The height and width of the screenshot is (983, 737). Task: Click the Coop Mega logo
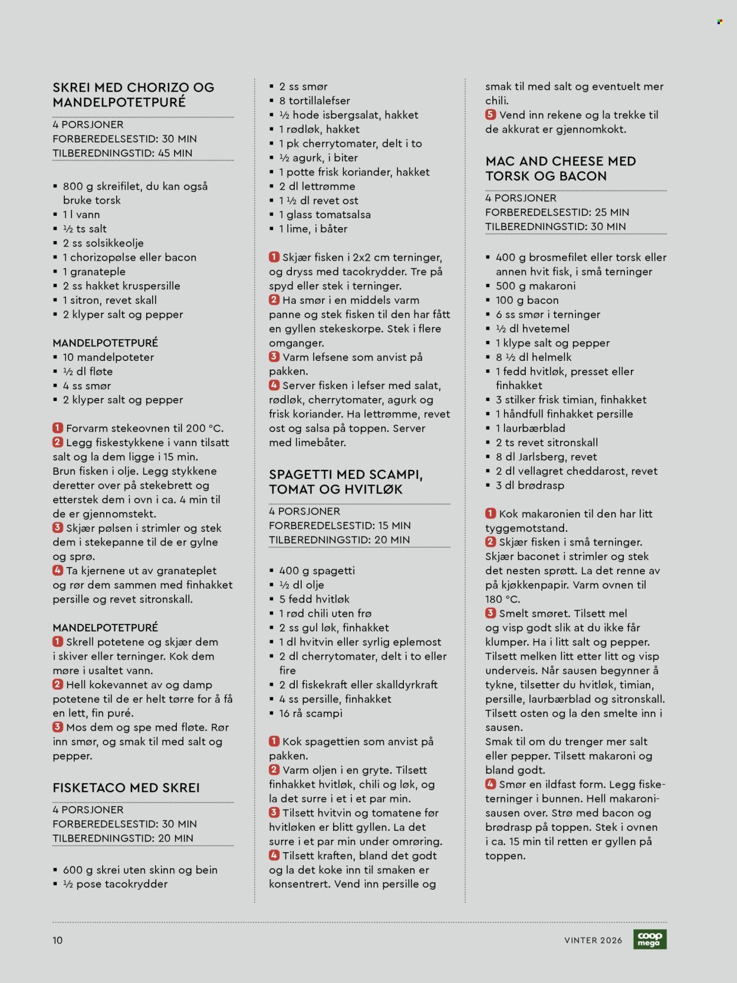[650, 939]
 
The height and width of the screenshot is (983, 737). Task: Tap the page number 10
[57, 940]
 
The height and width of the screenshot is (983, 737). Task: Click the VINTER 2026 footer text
[593, 940]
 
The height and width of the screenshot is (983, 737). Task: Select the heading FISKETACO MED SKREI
[126, 788]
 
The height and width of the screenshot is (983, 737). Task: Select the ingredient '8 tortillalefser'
[314, 101]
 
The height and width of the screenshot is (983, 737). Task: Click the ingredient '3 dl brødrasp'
[529, 485]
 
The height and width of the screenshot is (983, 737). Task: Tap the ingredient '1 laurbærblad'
[530, 428]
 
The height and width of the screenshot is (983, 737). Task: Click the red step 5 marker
[491, 115]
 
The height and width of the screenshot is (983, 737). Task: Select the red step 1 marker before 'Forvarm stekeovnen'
[58, 428]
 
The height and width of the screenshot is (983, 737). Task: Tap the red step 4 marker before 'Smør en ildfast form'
[491, 784]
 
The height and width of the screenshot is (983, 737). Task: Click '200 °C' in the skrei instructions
[204, 428]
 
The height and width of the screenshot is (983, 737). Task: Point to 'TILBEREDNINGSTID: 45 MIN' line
[123, 153]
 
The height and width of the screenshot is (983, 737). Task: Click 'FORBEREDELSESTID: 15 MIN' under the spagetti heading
[340, 525]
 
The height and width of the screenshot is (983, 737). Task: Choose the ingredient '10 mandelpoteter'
[108, 357]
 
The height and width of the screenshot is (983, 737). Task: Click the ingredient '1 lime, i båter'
[313, 229]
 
